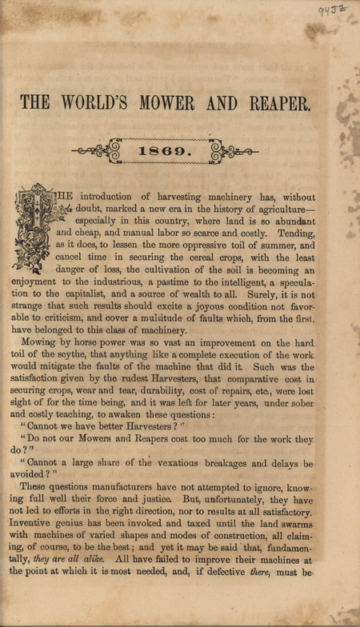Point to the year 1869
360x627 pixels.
point(180,150)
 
